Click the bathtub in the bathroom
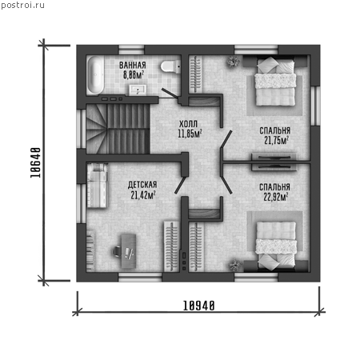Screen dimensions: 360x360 [94, 75]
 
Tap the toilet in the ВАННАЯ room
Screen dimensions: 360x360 [170, 66]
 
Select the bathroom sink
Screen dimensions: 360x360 [138, 90]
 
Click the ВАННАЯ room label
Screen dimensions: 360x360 [133, 65]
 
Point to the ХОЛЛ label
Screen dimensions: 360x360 [188, 124]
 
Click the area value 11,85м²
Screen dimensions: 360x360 [190, 134]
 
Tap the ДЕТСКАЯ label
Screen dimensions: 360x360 [142, 185]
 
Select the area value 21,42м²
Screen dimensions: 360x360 [143, 195]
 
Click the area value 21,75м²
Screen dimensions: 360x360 [277, 140]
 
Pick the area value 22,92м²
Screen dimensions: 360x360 [276, 197]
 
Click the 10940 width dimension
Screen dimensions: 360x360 [199, 306]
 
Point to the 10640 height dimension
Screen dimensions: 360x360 [36, 162]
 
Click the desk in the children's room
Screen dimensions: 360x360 [129, 251]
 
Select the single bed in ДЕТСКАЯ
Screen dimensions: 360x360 [97, 186]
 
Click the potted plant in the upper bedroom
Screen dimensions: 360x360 [233, 62]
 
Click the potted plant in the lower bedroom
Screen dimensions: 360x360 [234, 266]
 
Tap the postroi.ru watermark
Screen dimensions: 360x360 [22, 5]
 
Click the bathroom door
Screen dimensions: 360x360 [170, 94]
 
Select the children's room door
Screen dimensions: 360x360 [180, 185]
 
